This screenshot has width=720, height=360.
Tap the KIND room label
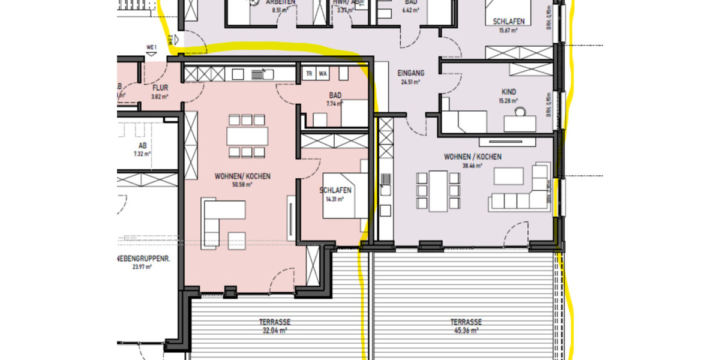point(509,92)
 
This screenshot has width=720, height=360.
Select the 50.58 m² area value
point(242,185)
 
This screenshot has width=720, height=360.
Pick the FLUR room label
point(159,88)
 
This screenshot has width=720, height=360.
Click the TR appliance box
point(310,74)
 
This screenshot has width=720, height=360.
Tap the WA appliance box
point(323,74)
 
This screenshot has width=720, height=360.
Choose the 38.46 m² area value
point(472,166)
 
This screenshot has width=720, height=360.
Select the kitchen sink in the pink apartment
point(260,74)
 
